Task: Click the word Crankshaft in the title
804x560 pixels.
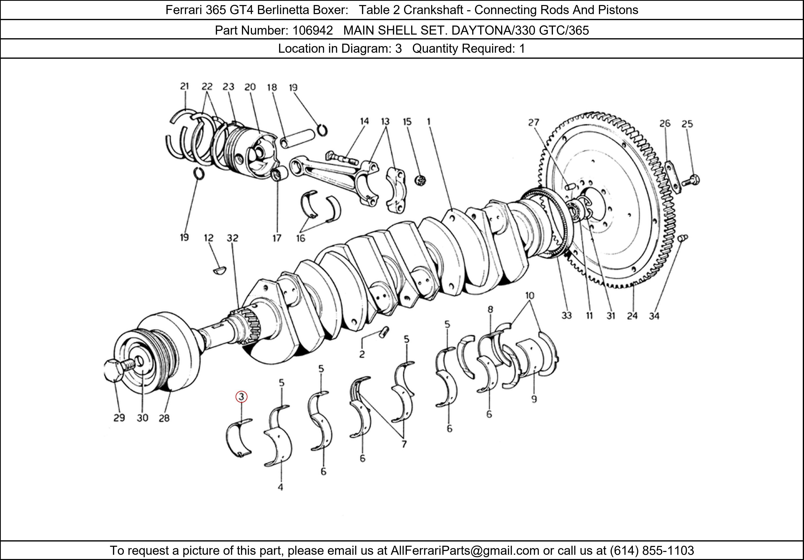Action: (x=433, y=10)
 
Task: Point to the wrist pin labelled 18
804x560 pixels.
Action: (x=298, y=139)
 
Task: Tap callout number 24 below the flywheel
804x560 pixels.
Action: (x=632, y=316)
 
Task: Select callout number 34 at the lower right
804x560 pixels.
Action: (x=654, y=316)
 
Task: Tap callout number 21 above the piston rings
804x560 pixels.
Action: (x=185, y=86)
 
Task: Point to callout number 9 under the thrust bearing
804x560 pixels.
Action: (x=534, y=399)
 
